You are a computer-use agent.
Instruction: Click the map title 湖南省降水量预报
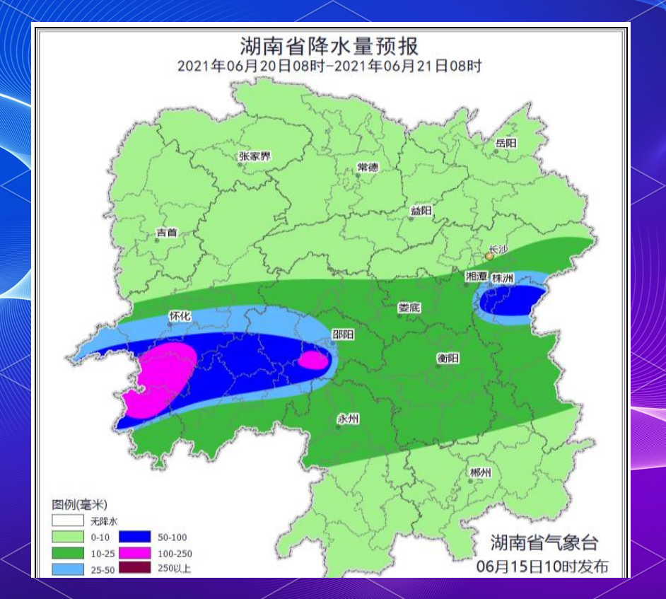click(x=329, y=47)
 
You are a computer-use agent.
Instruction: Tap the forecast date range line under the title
click(x=329, y=66)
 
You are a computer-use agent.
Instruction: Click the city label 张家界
click(x=255, y=156)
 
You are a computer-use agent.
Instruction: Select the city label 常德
click(x=367, y=168)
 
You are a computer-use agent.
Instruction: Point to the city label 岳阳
click(x=506, y=143)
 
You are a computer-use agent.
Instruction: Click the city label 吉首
click(x=167, y=233)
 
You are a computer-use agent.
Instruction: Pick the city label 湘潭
click(x=476, y=277)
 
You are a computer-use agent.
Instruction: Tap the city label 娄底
click(x=409, y=308)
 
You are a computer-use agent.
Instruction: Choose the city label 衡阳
click(x=448, y=359)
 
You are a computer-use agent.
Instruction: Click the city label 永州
click(x=348, y=419)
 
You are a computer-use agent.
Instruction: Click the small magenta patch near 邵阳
click(x=312, y=361)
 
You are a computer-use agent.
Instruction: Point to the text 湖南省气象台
click(x=544, y=542)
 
